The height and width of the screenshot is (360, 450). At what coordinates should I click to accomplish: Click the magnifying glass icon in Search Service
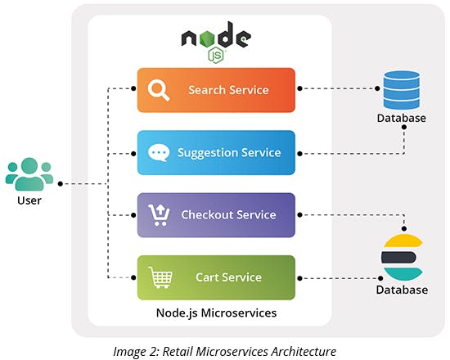point(159,90)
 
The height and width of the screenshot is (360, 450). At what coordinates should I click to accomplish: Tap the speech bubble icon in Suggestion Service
point(159,152)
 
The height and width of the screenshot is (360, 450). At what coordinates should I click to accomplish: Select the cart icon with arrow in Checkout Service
point(159,215)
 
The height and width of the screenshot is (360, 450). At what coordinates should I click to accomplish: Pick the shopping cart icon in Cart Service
point(160,277)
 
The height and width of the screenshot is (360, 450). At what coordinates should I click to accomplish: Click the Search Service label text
point(228,90)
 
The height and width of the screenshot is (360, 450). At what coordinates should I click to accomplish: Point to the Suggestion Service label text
point(229,153)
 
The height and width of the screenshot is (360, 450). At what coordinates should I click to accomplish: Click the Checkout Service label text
point(228,214)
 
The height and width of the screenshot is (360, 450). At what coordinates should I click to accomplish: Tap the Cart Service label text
point(228,277)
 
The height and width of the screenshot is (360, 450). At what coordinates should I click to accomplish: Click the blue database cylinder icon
point(402,90)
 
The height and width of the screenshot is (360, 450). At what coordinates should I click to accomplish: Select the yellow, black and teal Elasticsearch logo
point(402,258)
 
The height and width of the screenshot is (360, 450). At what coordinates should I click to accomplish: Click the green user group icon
point(29,174)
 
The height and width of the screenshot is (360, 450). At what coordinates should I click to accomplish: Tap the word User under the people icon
point(29,200)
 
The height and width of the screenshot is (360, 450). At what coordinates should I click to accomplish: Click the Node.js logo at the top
point(216,42)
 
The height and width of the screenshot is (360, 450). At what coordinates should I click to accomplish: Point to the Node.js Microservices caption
point(216,313)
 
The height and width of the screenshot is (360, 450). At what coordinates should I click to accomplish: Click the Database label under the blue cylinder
point(402,118)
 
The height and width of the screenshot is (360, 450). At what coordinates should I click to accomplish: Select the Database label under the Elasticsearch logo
point(402,290)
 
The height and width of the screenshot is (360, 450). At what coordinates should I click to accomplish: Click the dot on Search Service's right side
point(299,88)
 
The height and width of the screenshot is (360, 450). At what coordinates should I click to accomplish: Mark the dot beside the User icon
point(60,184)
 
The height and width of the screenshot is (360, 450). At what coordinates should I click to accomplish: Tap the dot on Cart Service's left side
point(133,277)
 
